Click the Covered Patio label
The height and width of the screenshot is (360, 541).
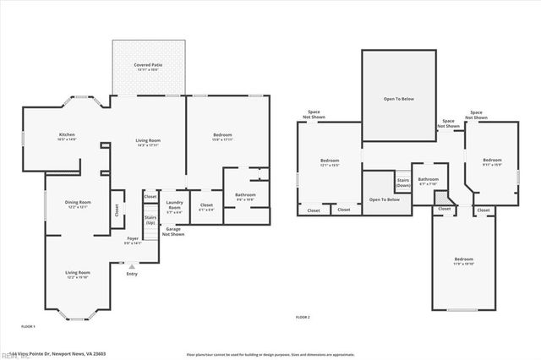148,67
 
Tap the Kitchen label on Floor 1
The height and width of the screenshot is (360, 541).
67,137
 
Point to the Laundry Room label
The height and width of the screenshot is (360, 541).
174,205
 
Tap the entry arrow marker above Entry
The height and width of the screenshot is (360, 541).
131,266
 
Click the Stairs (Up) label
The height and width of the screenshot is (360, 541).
150,220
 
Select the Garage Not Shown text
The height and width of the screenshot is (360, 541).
174,231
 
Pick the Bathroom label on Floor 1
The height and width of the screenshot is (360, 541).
245,197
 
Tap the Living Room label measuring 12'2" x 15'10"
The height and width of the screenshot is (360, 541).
79,275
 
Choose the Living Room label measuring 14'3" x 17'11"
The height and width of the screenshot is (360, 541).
149,143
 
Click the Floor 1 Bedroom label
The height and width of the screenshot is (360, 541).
223,138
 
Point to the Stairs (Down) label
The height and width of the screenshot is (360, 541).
403,183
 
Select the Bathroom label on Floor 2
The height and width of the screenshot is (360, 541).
428,181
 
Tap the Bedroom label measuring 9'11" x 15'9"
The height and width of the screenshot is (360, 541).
492,161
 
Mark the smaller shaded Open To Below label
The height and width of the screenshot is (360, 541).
384,199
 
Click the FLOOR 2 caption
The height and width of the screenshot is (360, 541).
303,317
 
